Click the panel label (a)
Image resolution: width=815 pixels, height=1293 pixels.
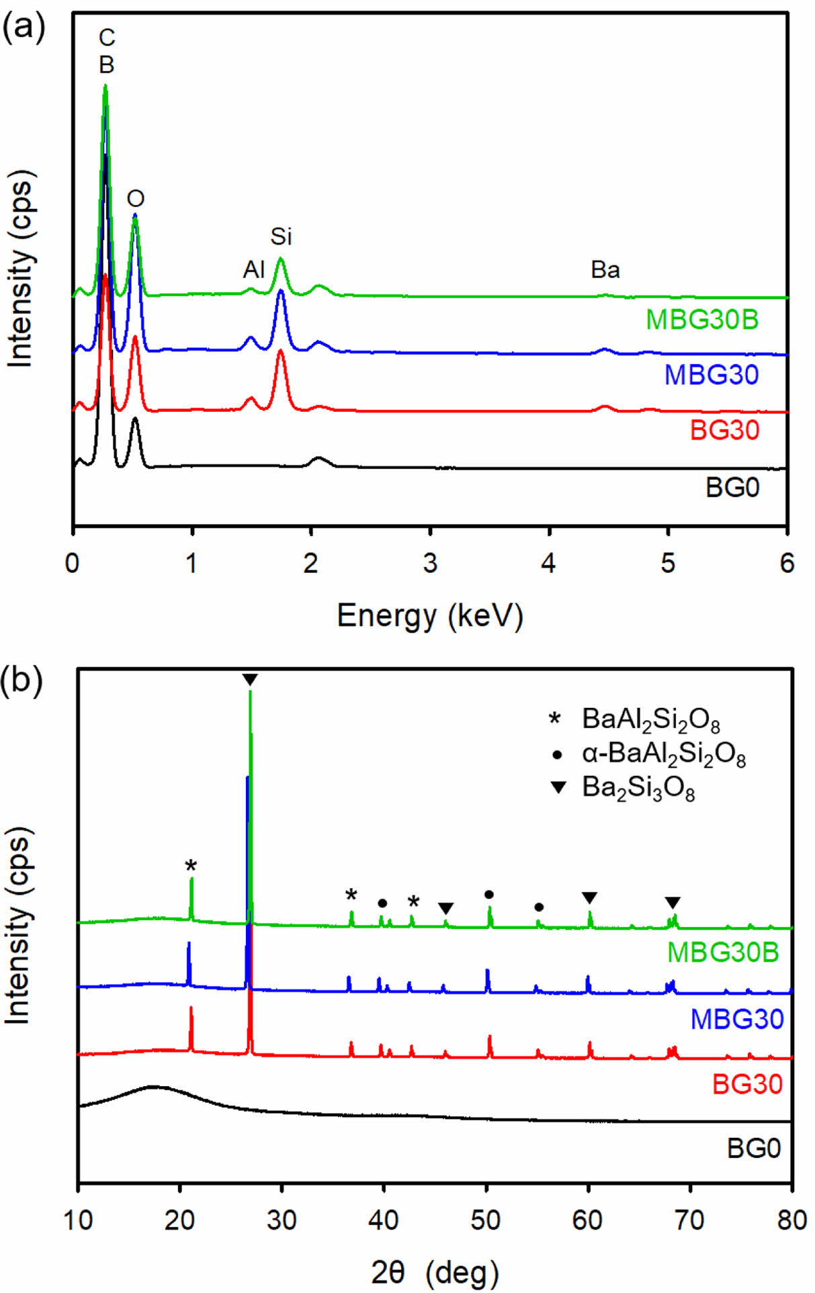pyautogui.click(x=24, y=30)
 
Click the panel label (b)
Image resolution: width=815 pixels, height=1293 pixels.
pyautogui.click(x=24, y=680)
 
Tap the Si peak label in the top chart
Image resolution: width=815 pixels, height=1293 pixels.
pyautogui.click(x=281, y=236)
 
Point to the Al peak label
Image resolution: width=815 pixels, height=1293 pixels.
pyautogui.click(x=254, y=270)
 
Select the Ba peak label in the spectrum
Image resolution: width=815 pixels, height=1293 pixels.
pyautogui.click(x=605, y=270)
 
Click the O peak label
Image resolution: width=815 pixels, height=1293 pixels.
pyautogui.click(x=136, y=199)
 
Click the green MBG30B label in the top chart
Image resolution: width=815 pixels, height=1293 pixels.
pyautogui.click(x=701, y=320)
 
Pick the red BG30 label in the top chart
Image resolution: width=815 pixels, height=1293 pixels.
pyautogui.click(x=724, y=431)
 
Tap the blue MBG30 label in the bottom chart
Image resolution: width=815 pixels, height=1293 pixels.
pyautogui.click(x=737, y=1019)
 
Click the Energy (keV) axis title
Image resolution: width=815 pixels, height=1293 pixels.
pyautogui.click(x=429, y=616)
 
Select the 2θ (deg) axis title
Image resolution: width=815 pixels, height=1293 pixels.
pyautogui.click(x=435, y=1272)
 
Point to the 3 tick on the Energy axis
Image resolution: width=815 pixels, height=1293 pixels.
pyautogui.click(x=430, y=564)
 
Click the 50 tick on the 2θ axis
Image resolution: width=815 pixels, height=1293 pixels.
pyautogui.click(x=486, y=1219)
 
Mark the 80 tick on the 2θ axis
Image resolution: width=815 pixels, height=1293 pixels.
pyautogui.click(x=792, y=1219)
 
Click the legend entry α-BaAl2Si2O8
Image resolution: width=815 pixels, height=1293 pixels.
pyautogui.click(x=663, y=754)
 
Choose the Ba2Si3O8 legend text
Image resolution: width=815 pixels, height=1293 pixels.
pyautogui.click(x=638, y=787)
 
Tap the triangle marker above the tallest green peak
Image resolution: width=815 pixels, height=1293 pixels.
pyautogui.click(x=250, y=680)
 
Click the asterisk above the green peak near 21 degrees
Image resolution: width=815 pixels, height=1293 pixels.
pyautogui.click(x=191, y=866)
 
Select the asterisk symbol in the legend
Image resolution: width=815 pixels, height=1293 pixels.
pyautogui.click(x=555, y=719)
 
